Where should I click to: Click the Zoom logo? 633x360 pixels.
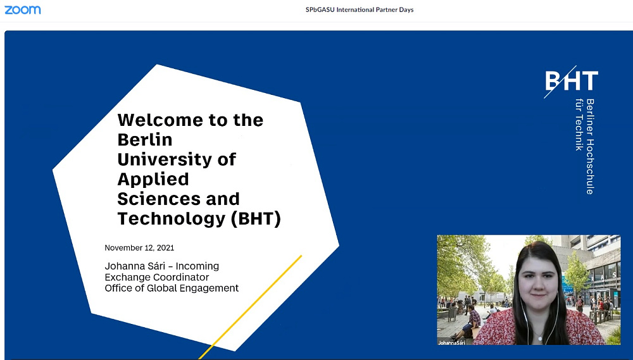pos(23,9)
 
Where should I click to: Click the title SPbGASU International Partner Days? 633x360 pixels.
pos(360,9)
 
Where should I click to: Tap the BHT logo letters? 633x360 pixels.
pos(571,81)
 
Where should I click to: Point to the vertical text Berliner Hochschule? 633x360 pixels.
pos(590,147)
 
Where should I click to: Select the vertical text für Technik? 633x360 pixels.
pos(579,125)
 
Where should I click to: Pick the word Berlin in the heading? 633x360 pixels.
pos(145,140)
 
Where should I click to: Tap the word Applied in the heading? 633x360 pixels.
pos(153,180)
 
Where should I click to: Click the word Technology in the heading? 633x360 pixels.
pos(171,219)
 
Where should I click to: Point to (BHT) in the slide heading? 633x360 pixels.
pos(256,219)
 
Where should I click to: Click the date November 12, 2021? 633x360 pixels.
pos(139,248)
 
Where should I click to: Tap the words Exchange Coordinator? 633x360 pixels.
pos(156,277)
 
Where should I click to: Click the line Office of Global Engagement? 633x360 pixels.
pos(172,288)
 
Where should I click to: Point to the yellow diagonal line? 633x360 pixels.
pos(250,307)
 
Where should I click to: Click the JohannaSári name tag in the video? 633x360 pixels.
pos(452,343)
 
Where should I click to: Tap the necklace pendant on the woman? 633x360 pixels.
pos(539,337)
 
